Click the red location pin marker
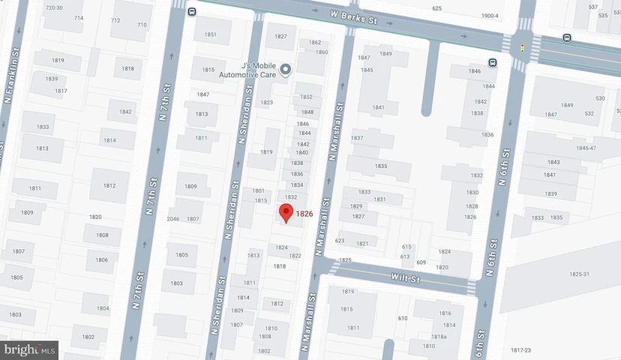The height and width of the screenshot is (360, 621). click(x=286, y=213)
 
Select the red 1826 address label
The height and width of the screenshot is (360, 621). click(x=304, y=214)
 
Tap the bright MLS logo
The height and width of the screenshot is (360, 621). click(x=30, y=349)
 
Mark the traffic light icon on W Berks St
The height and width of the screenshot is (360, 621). click(x=522, y=46)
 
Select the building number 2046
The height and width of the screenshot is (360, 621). click(x=172, y=219)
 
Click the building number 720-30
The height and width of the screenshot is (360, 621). click(x=53, y=7)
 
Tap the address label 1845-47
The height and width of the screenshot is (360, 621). click(x=586, y=148)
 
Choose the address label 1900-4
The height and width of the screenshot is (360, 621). click(x=490, y=16)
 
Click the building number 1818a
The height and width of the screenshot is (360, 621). click(x=439, y=337)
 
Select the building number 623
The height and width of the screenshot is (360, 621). click(x=339, y=241)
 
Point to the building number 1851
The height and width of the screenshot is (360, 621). click(x=210, y=34)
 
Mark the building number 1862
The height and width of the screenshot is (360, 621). click(x=315, y=43)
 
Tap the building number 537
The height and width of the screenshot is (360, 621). click(x=593, y=7)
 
